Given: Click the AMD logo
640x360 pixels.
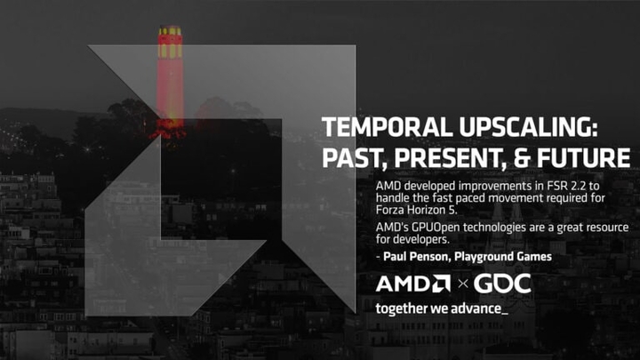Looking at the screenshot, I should [412, 284].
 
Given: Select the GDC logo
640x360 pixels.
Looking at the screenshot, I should [501, 284].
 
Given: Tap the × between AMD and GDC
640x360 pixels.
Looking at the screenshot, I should [460, 285].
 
